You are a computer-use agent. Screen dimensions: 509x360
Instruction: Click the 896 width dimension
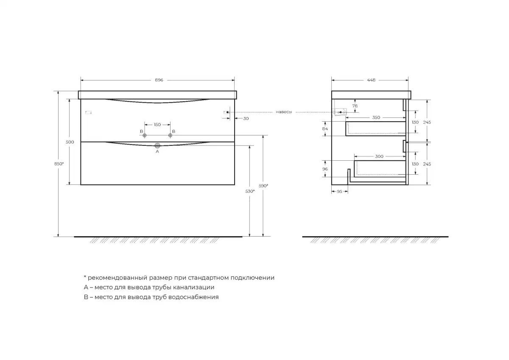[x=159, y=80]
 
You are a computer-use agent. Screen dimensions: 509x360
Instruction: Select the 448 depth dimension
[x=371, y=80]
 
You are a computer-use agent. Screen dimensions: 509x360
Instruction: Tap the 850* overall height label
[x=59, y=164]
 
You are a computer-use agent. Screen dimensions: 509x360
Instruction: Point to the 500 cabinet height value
[x=70, y=142]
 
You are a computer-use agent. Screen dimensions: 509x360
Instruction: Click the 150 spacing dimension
[x=157, y=125]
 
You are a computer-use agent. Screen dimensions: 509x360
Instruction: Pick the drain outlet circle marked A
[x=157, y=145]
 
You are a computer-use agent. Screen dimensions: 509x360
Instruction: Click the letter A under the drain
[x=157, y=151]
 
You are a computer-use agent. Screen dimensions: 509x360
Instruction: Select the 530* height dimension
[x=250, y=191]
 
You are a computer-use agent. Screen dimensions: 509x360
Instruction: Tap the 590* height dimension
[x=263, y=186]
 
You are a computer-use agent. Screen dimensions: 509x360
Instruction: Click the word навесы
[x=284, y=112]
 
